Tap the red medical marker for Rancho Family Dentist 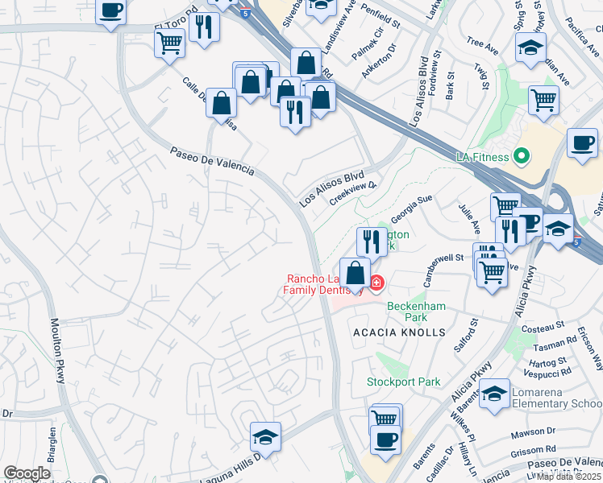[x=376, y=282]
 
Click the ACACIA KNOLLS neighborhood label [x=398, y=332]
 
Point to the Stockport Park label [x=404, y=382]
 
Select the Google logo [x=27, y=473]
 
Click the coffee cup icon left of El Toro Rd [x=111, y=12]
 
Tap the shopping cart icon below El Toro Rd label [x=169, y=43]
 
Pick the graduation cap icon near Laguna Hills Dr [x=265, y=437]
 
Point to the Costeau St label [x=543, y=327]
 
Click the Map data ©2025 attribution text [x=568, y=477]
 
